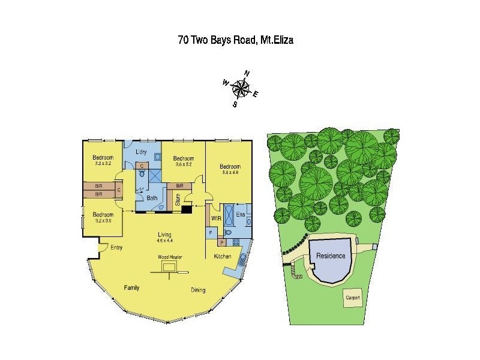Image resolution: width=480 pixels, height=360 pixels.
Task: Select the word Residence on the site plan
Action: [x=331, y=256]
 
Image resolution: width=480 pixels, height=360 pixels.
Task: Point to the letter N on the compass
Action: [x=247, y=74]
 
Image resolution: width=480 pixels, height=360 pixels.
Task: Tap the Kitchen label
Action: [x=223, y=256]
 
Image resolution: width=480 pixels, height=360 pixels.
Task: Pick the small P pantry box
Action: [x=221, y=242]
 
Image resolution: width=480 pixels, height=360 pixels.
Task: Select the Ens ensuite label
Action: [x=241, y=213]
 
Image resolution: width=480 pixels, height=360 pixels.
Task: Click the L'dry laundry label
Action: [x=142, y=151]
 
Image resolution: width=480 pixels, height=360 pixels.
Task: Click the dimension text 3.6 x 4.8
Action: [x=229, y=173]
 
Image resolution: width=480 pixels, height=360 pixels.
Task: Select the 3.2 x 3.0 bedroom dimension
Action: [x=103, y=220]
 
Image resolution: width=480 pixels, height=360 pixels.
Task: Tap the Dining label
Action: [x=198, y=290]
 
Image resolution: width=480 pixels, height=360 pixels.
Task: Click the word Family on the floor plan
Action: [x=131, y=287]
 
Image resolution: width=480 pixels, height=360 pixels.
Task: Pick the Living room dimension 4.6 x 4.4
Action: [x=164, y=241]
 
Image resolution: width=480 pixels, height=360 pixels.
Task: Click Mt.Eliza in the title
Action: [x=276, y=40]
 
